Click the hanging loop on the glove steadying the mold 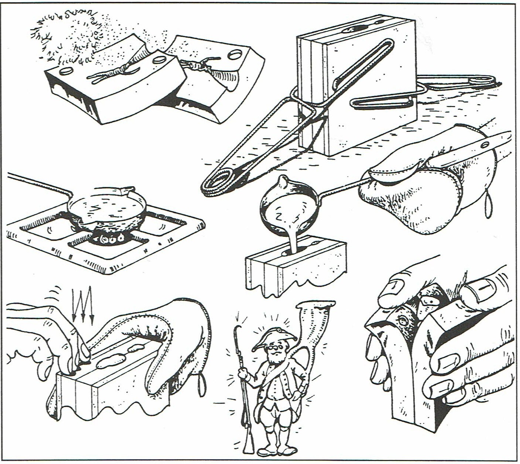point(201,384)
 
